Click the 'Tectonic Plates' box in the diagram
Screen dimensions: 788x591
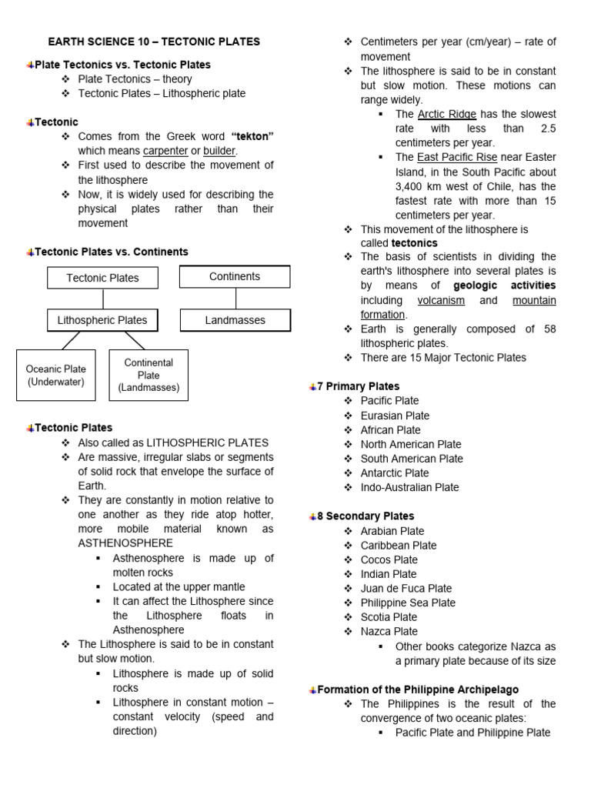click(x=102, y=278)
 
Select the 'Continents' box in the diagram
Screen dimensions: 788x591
click(x=235, y=276)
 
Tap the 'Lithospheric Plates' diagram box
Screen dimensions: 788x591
click(x=102, y=320)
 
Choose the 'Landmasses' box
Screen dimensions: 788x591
click(x=235, y=320)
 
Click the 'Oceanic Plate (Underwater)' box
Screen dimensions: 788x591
click(x=55, y=376)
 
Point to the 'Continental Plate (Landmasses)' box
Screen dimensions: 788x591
click(x=149, y=376)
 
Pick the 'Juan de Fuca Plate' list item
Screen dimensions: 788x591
click(x=406, y=589)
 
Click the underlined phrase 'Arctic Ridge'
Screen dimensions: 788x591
click(x=447, y=114)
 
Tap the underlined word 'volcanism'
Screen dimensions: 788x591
click(x=442, y=300)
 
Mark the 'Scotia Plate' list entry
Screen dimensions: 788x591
click(x=389, y=617)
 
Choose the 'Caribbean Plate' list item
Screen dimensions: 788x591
click(x=399, y=546)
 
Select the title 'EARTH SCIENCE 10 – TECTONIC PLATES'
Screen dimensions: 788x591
click(x=154, y=42)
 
